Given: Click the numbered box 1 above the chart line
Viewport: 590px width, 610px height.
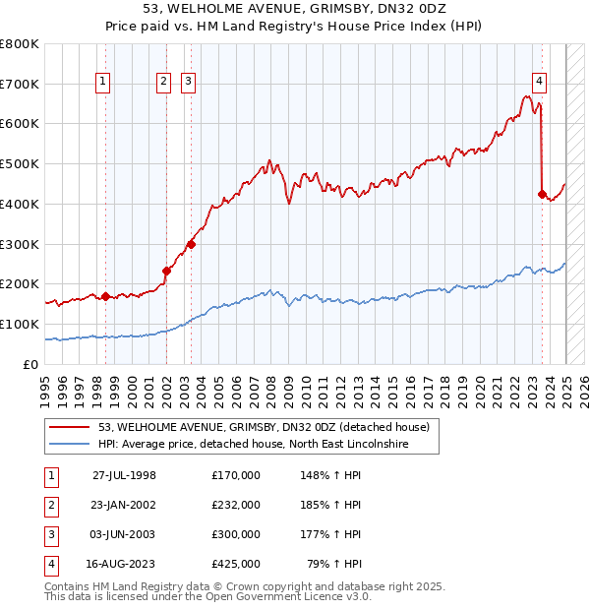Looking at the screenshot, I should tap(104, 83).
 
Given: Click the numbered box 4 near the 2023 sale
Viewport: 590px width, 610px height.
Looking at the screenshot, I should tap(540, 83).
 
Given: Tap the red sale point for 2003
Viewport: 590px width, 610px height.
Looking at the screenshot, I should tap(191, 244).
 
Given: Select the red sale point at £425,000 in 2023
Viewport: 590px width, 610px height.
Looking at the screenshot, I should tap(542, 194).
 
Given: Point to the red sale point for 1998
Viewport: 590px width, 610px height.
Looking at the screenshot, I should tap(105, 296).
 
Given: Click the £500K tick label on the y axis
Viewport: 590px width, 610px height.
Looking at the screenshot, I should tap(20, 164).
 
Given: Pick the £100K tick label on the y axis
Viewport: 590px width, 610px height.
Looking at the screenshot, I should tap(20, 325).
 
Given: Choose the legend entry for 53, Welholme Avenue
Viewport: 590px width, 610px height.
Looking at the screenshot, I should tap(264, 428).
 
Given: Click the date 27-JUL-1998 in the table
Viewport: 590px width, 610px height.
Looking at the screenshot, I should tap(124, 475).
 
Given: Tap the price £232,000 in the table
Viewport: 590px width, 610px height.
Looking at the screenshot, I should tap(235, 505).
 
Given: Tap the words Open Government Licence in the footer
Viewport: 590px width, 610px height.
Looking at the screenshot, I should tap(287, 596).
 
